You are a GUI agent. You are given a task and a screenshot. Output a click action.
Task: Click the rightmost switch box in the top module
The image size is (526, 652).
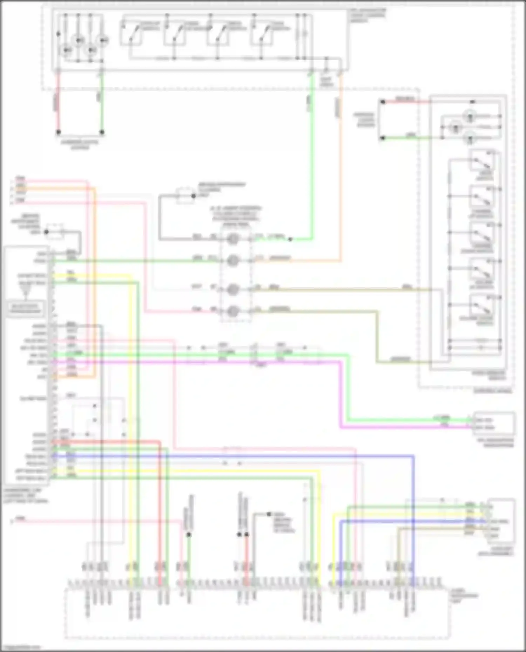tap(262, 34)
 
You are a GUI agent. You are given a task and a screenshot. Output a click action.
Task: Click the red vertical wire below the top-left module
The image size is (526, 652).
tap(59, 105)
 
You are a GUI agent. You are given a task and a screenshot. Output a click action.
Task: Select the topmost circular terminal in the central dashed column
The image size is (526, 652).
tap(233, 239)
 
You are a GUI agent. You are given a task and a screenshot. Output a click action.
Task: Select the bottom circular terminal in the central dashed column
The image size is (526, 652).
tap(233, 311)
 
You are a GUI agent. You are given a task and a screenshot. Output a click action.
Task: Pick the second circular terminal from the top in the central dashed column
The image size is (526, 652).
tap(233, 260)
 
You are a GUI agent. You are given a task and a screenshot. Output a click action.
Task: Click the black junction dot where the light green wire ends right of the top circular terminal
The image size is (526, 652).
tap(290, 240)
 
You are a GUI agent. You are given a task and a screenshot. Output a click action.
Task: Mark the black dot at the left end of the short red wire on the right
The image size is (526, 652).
tap(383, 102)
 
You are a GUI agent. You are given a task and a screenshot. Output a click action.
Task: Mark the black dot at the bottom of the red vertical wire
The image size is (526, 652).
tap(59, 132)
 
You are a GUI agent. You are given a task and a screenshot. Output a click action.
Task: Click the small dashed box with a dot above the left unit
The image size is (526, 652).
tap(55, 232)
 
